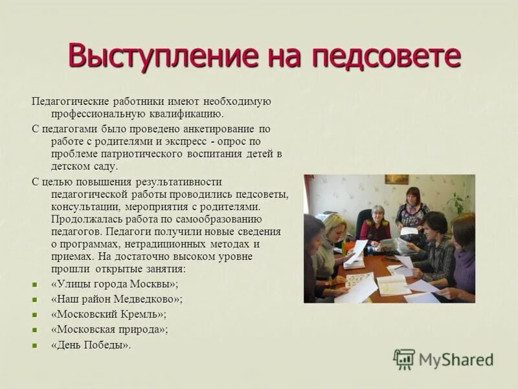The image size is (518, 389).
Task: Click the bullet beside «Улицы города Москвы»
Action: tap(36, 285)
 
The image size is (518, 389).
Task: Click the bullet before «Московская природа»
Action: tap(36, 329)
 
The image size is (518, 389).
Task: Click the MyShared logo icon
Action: tap(404, 359)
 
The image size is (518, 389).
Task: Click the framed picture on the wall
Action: tap(396, 179)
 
